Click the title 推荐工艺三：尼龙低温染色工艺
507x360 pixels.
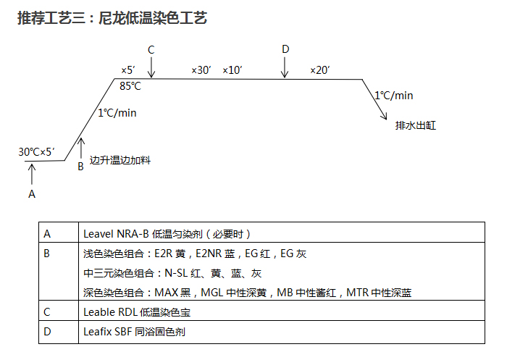point(112,18)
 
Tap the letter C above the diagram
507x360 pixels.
point(151,49)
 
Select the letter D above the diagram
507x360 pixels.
point(285,49)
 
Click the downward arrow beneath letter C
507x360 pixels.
point(151,67)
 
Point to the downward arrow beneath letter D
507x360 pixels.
point(285,67)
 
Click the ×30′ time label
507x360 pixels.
point(201,70)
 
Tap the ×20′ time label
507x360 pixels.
point(319,70)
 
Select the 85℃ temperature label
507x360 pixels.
point(130,86)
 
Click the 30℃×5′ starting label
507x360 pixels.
point(36,151)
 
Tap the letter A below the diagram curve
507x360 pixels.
point(31,194)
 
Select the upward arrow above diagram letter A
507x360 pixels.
point(31,174)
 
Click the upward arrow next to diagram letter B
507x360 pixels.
point(81,148)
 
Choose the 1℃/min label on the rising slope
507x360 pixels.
point(117,112)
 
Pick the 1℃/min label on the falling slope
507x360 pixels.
point(394,95)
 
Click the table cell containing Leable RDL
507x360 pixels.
point(282,312)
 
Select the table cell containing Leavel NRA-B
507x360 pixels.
point(282,233)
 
